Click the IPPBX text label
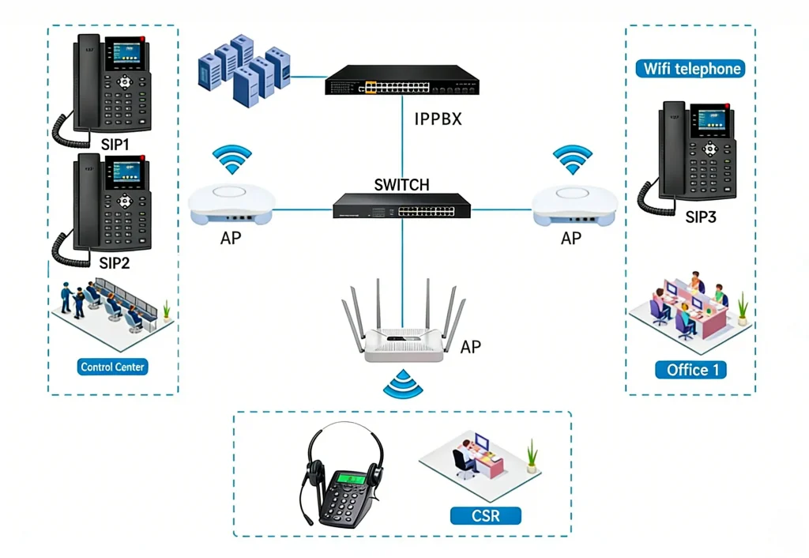(438, 121)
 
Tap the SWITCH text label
(401, 185)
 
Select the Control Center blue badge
(113, 367)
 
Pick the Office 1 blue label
(690, 370)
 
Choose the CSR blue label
(486, 516)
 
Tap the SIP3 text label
(700, 217)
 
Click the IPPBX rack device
(401, 79)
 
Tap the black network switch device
(401, 206)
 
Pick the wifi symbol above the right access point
(573, 159)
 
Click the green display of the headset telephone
(351, 479)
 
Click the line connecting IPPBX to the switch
(401, 134)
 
